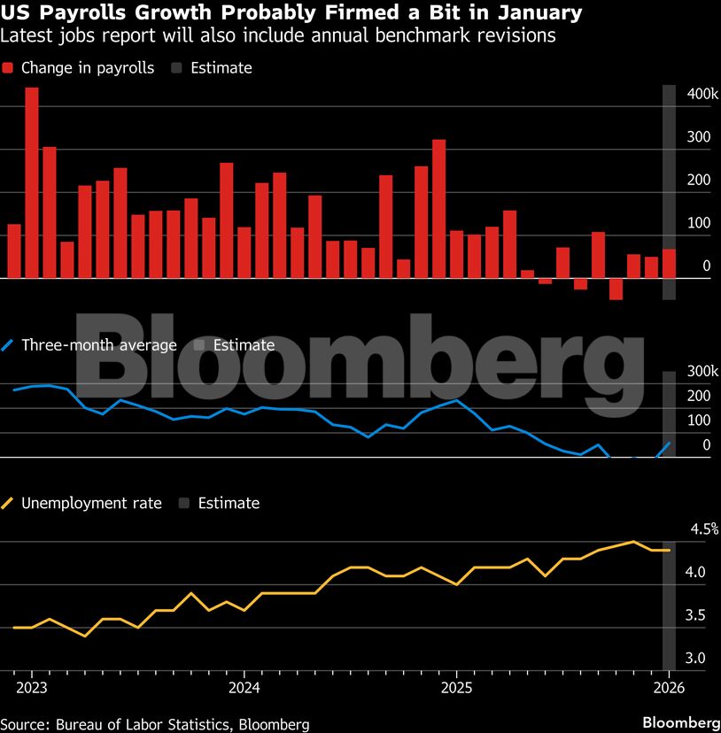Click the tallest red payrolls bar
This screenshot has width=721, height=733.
point(31,181)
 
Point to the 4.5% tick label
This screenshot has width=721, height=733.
point(704,529)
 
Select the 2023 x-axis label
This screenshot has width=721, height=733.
point(31,688)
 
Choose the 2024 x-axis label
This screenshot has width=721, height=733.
point(244,688)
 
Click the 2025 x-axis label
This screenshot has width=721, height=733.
point(456,688)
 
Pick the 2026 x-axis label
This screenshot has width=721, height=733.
point(669,688)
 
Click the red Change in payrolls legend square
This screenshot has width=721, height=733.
point(8,68)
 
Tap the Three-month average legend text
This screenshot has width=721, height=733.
point(99,345)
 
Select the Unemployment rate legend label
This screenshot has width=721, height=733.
point(91,503)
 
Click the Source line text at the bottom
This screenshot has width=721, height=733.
point(155,724)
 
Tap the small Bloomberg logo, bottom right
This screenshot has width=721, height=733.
point(679,721)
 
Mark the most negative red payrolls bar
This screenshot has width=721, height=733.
point(616,289)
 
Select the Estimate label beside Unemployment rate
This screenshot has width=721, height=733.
point(229,503)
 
